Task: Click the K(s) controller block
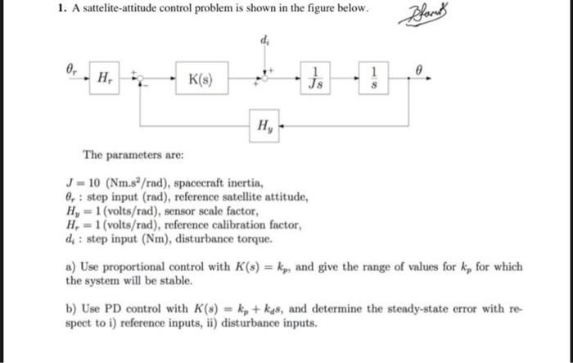pyautogui.click(x=201, y=80)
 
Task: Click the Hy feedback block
pyautogui.click(x=266, y=126)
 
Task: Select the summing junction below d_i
pyautogui.click(x=264, y=79)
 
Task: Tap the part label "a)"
pyautogui.click(x=71, y=266)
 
